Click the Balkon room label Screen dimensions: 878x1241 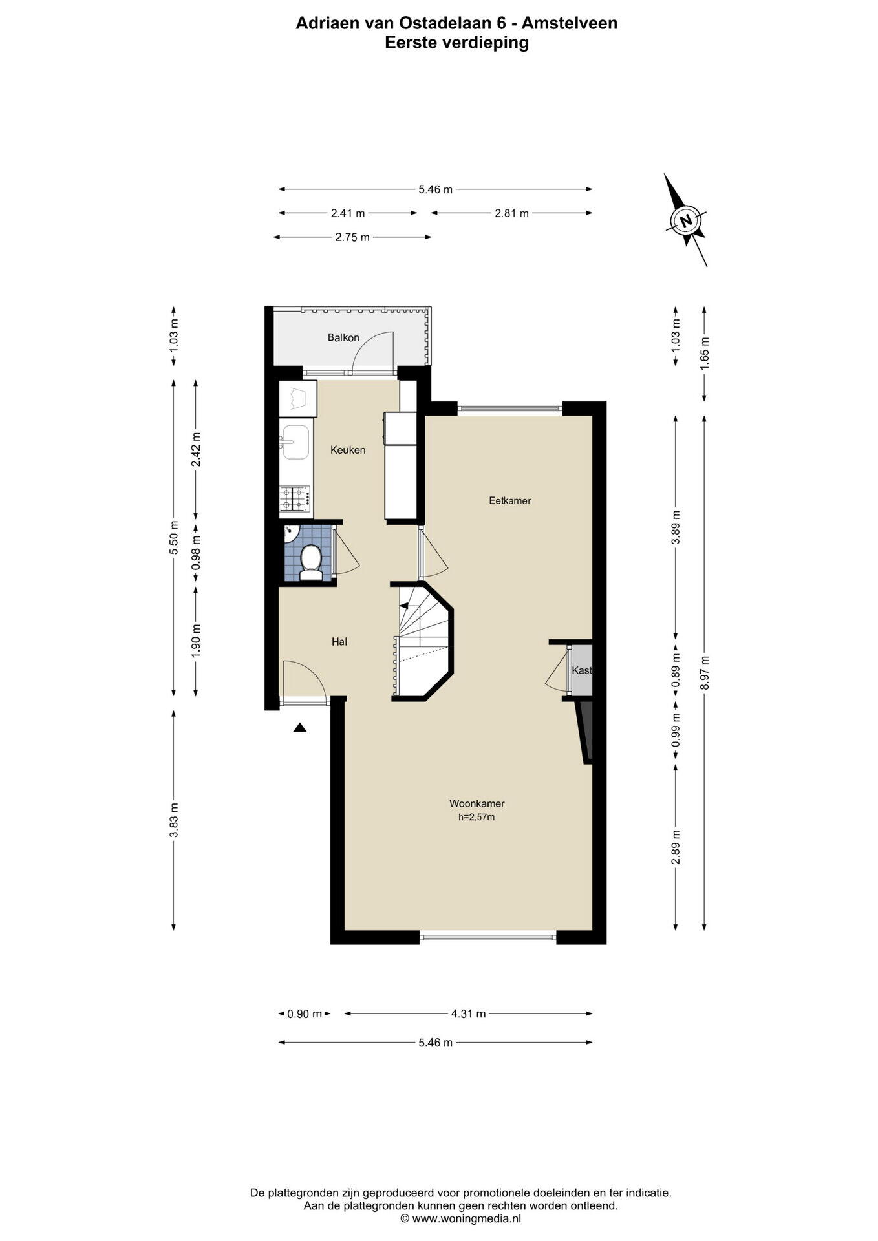[343, 337]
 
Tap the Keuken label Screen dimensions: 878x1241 [348, 450]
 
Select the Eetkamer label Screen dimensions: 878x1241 [509, 500]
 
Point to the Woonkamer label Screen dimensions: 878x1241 [477, 803]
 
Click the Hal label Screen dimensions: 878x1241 [339, 641]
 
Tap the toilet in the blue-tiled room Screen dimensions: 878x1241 [312, 562]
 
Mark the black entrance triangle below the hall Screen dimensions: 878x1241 [299, 728]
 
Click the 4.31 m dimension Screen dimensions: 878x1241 [468, 1013]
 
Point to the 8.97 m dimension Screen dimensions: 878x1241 [704, 672]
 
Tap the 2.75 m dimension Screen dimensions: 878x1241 [352, 237]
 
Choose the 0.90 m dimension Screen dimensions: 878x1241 [305, 1013]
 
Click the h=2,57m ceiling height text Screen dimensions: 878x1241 [476, 817]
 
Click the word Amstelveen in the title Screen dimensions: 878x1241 [570, 23]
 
